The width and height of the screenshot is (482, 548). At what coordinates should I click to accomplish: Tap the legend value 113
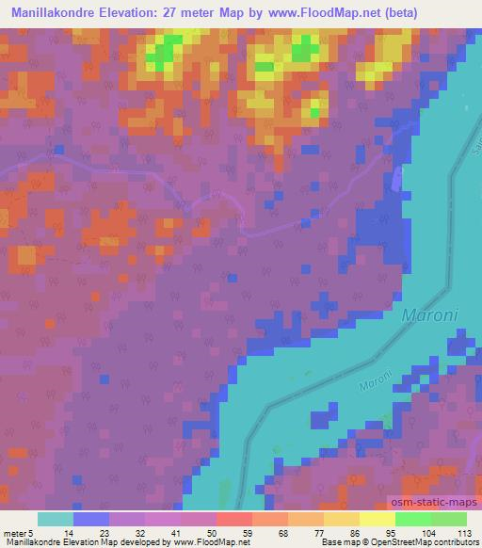463,531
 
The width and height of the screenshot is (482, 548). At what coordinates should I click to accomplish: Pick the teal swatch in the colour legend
56,519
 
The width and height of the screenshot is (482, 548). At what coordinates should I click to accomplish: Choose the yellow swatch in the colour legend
377,519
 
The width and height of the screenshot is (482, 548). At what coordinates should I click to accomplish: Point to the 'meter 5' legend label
17,531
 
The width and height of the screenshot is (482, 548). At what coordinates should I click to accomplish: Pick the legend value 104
427,531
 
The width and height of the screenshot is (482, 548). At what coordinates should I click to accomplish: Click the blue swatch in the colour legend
91,519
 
